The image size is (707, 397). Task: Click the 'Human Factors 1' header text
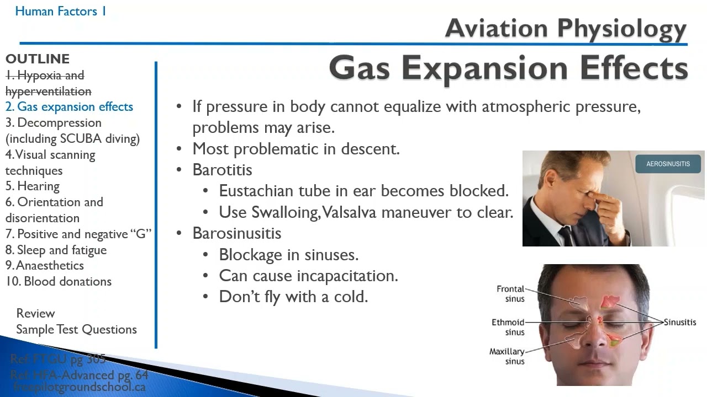point(61,11)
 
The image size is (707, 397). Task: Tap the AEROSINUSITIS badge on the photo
point(668,164)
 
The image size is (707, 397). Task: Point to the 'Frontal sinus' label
point(510,294)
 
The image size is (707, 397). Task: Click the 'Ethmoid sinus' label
point(508,327)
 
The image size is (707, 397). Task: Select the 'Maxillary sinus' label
point(506,356)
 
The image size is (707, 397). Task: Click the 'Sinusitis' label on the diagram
point(680,322)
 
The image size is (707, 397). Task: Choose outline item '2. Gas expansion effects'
point(69,107)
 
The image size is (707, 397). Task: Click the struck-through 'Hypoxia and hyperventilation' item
point(48,83)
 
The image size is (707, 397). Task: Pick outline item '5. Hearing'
point(33,186)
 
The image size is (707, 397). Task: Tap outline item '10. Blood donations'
point(59,281)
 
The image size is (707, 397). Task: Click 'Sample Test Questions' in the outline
point(76,329)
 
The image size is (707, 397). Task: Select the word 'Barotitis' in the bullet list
point(222,170)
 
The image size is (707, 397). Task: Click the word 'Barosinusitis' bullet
point(236,233)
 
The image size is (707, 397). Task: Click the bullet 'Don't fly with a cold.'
point(293,297)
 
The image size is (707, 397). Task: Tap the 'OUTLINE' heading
point(38,59)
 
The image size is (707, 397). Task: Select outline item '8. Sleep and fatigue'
point(56,250)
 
